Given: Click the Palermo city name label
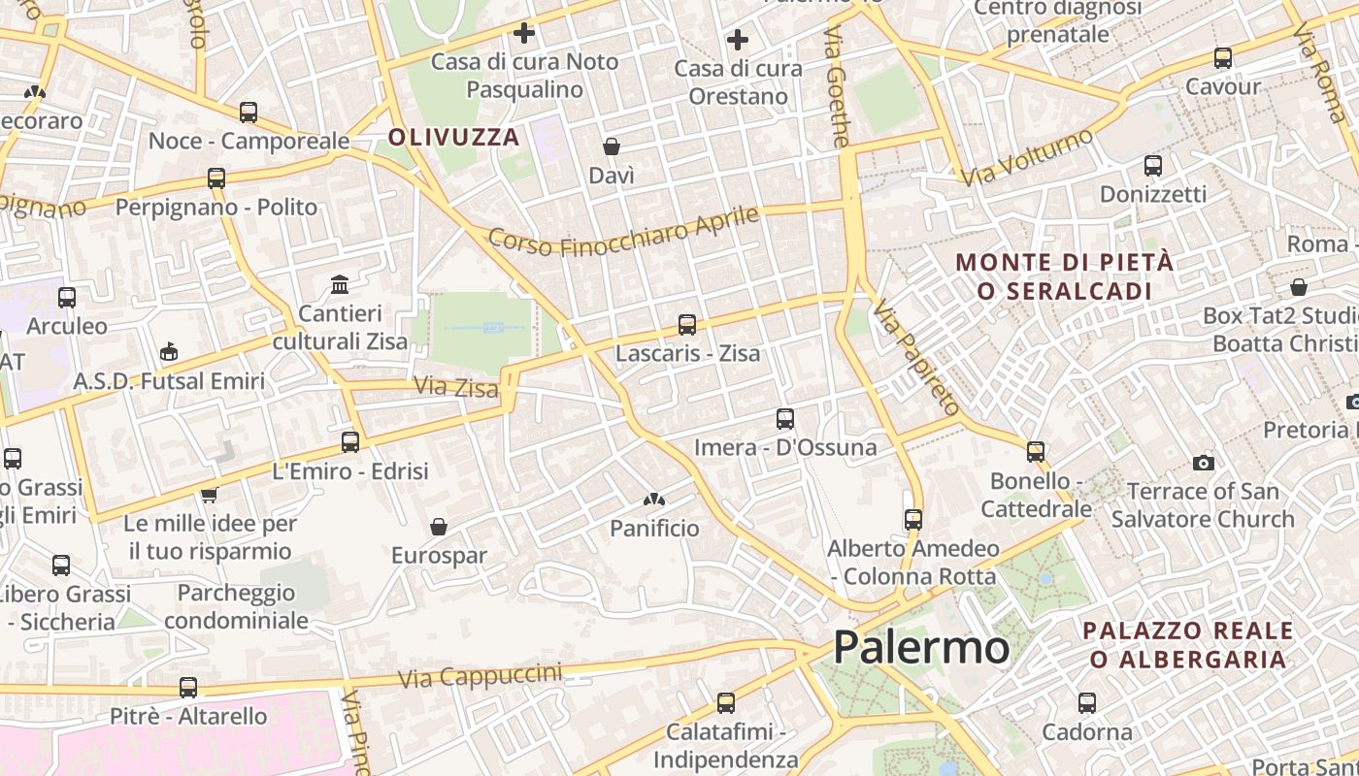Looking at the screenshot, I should click(920, 647).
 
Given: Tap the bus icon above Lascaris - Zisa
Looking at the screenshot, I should click(687, 324).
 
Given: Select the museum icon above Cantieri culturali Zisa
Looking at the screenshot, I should click(340, 284).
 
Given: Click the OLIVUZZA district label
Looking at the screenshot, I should click(454, 137).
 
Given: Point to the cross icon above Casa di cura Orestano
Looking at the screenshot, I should click(738, 40).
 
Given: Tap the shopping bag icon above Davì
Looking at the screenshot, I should click(612, 146).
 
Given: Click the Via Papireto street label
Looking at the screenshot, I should click(916, 357).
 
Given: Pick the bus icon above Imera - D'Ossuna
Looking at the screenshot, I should click(785, 419).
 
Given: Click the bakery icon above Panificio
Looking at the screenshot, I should click(654, 501).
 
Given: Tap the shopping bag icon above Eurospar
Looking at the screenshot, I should click(439, 527).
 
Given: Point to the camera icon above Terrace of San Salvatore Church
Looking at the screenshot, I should click(1204, 463).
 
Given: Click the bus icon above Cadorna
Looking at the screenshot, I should click(1087, 702).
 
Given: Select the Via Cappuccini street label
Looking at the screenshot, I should click(480, 676).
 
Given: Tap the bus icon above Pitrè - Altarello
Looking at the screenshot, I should click(188, 688).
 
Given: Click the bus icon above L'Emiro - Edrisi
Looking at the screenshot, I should click(350, 442).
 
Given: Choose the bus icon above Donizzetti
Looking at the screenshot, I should click(1153, 166).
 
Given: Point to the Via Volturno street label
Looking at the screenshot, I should click(1027, 157).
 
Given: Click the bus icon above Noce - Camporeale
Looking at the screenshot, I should click(249, 113).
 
